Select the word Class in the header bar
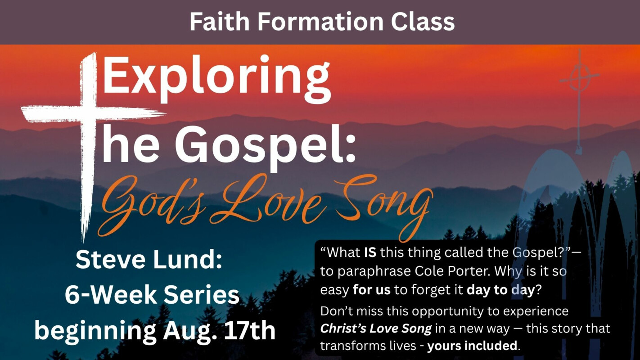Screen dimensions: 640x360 click(x=423, y=22)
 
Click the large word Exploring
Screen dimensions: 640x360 click(x=217, y=81)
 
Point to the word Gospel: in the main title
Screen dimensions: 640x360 click(x=266, y=147)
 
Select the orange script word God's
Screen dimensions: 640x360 click(x=153, y=206)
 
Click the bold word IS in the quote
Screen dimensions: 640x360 click(x=370, y=252)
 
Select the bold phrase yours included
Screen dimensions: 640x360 click(x=472, y=346)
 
